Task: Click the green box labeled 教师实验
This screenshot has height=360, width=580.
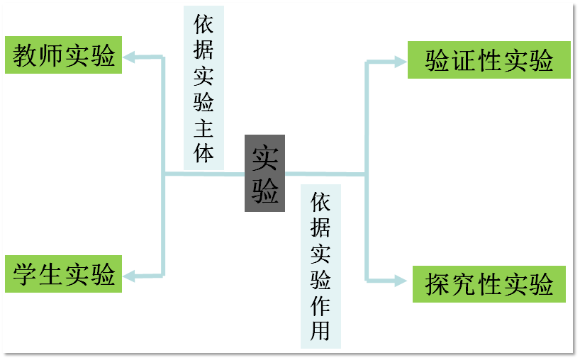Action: [63, 55]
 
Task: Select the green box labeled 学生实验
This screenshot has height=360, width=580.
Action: [63, 274]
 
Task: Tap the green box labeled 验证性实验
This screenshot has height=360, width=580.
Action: [489, 60]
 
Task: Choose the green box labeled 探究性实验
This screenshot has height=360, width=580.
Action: [489, 284]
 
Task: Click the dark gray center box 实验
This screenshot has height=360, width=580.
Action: [264, 173]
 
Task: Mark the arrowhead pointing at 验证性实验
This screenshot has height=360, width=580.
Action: [400, 62]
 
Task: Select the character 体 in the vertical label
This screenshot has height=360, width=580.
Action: [203, 153]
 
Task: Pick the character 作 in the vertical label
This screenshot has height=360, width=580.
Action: [320, 305]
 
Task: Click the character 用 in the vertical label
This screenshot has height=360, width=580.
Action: [320, 330]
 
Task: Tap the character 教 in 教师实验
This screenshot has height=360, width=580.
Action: [25, 56]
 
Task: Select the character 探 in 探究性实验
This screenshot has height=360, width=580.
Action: [437, 285]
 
